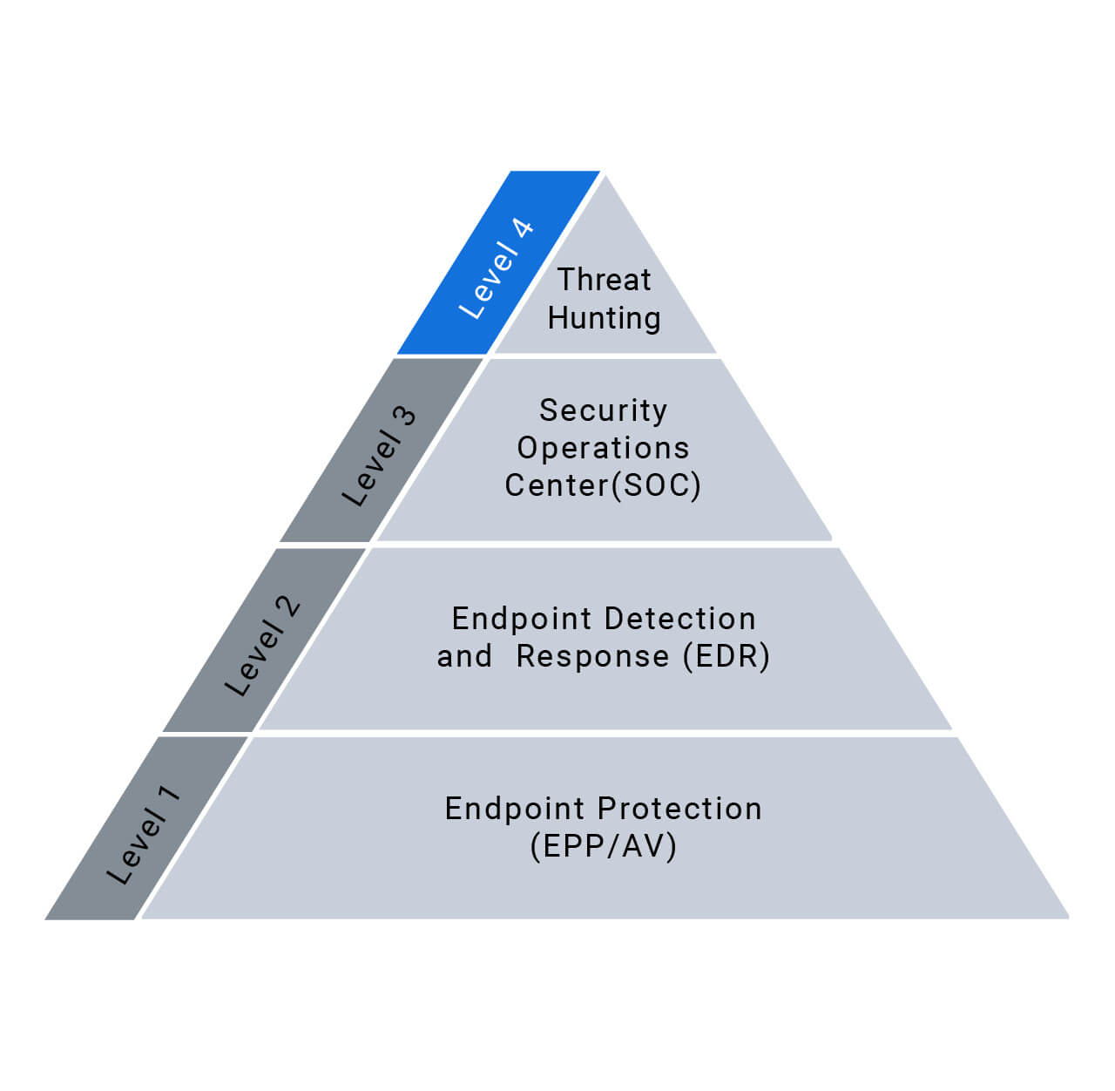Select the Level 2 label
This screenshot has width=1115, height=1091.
(262, 646)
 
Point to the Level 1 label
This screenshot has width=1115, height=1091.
(144, 834)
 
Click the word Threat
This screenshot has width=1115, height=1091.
(604, 280)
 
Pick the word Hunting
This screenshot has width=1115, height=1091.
(604, 318)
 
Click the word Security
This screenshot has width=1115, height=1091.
(603, 410)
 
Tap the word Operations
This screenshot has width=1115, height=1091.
(603, 448)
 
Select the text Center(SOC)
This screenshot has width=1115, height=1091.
(603, 485)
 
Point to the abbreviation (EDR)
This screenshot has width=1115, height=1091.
(726, 656)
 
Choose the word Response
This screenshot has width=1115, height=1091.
(592, 656)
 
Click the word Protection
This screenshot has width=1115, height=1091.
(686, 809)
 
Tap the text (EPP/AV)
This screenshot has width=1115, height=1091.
(603, 846)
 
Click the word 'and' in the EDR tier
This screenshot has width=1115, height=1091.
(464, 656)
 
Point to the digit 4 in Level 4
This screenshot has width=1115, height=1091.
(522, 230)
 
